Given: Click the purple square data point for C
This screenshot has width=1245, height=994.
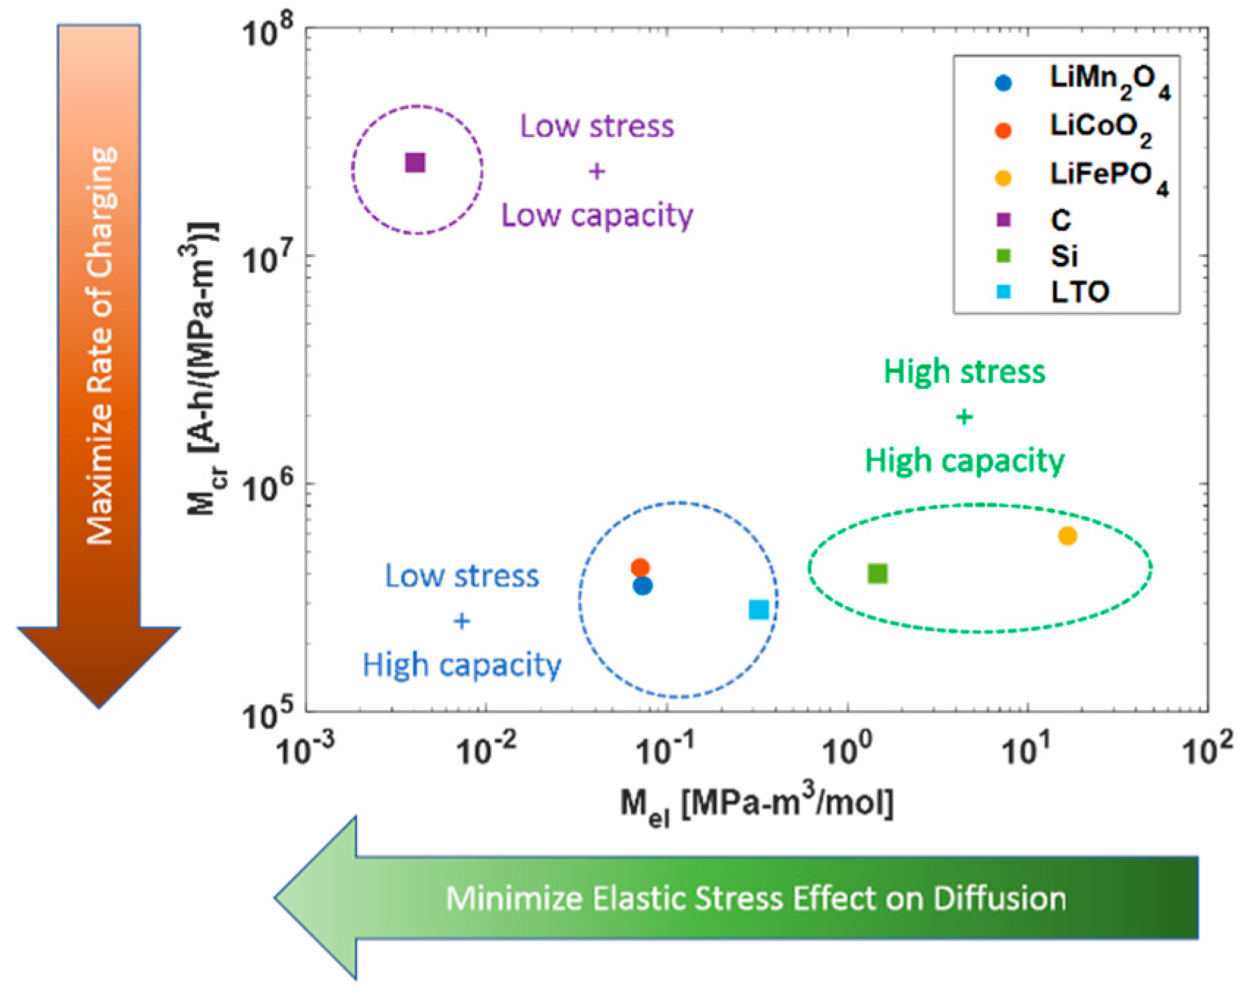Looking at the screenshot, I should [415, 163].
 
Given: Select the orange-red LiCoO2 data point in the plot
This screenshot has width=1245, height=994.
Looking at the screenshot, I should [640, 568].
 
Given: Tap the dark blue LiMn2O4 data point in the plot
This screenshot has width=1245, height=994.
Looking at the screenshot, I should [643, 586].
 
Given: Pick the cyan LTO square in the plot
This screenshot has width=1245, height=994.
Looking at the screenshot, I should [759, 609].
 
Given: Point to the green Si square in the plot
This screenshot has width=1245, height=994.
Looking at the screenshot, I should [878, 574].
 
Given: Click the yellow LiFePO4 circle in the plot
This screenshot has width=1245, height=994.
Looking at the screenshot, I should [1068, 536].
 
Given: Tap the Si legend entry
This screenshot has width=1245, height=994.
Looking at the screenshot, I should [1064, 256].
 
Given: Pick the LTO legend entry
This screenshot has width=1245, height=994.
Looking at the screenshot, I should [1079, 292].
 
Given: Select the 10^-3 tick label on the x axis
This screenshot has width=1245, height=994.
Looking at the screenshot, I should [306, 749].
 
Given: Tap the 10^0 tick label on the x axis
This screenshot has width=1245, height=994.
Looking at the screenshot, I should [848, 749].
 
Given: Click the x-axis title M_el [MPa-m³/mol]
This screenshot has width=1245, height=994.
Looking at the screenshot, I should [756, 804].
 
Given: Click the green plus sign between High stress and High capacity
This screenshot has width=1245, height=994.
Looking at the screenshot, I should [964, 418].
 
